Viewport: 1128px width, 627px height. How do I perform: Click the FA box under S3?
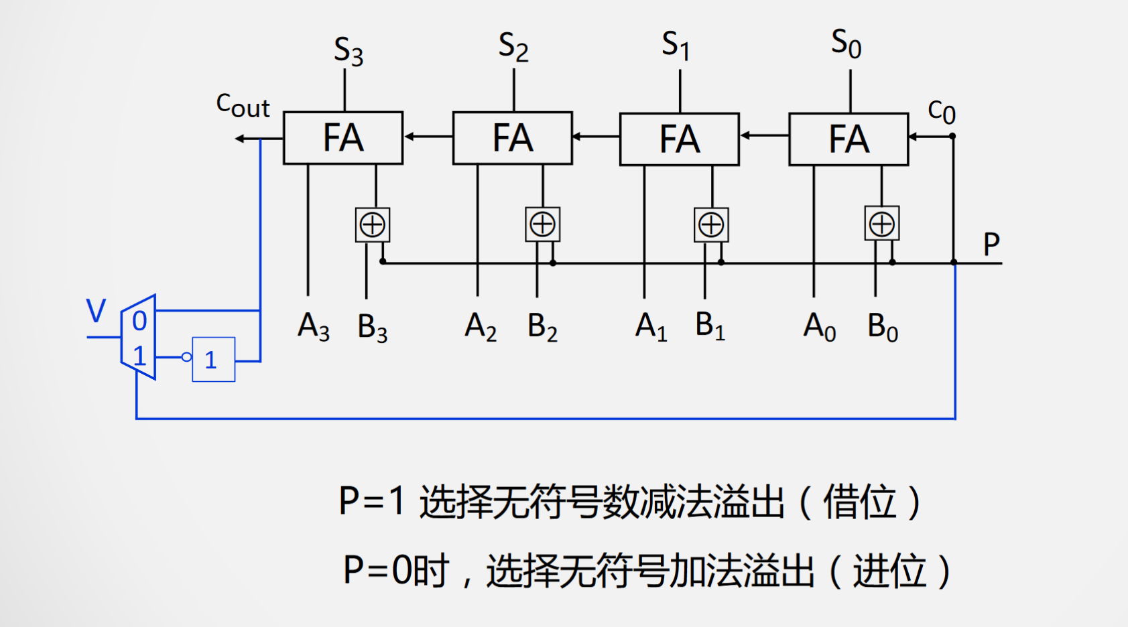click(x=343, y=138)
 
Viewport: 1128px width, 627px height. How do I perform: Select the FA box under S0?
click(x=849, y=139)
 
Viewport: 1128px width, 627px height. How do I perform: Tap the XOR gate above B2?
click(x=542, y=224)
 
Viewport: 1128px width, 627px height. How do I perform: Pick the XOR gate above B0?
click(x=881, y=224)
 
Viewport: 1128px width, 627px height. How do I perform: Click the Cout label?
click(x=243, y=106)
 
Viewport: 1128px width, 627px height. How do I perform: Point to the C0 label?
click(x=941, y=112)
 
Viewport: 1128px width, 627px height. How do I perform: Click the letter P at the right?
click(x=991, y=244)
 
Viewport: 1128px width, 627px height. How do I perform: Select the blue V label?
click(x=97, y=311)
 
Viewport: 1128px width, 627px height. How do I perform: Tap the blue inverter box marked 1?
click(x=213, y=360)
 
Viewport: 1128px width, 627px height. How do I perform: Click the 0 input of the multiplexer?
click(x=139, y=322)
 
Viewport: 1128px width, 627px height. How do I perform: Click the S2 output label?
click(x=513, y=47)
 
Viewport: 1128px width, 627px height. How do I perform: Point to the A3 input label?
click(x=314, y=327)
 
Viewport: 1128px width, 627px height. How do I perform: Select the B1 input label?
click(x=710, y=326)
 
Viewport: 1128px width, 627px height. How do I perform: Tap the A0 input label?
click(x=819, y=327)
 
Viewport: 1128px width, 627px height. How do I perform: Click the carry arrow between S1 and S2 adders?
click(x=595, y=137)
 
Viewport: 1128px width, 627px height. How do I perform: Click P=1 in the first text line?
click(x=372, y=501)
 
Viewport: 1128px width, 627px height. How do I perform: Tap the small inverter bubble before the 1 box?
click(x=187, y=357)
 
